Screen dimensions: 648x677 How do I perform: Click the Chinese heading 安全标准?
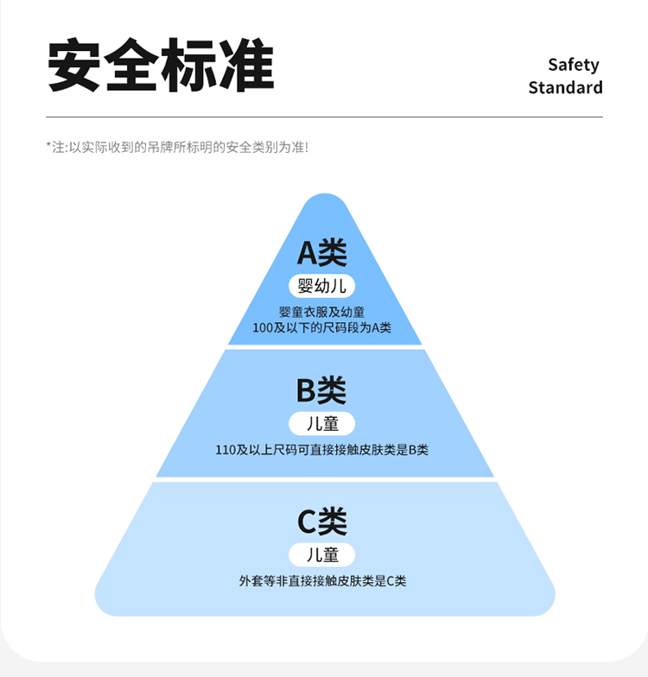pyautogui.click(x=161, y=65)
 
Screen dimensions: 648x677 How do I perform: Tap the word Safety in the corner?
pyautogui.click(x=574, y=66)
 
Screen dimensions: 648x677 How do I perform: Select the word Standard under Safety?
pyautogui.click(x=565, y=88)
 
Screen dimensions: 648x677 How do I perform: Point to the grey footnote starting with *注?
pyautogui.click(x=178, y=147)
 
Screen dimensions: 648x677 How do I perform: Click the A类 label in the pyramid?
pyautogui.click(x=322, y=252)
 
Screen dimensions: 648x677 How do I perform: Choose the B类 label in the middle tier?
pyautogui.click(x=321, y=390)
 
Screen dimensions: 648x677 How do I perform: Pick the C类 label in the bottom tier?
pyautogui.click(x=322, y=522)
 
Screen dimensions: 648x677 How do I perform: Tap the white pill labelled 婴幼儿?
pyautogui.click(x=321, y=286)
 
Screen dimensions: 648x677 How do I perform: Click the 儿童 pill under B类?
pyautogui.click(x=321, y=423)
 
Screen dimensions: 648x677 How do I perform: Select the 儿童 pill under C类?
pyautogui.click(x=321, y=554)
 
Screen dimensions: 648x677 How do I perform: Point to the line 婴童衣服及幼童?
pyautogui.click(x=321, y=313)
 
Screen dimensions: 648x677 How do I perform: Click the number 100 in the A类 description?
pyautogui.click(x=263, y=328)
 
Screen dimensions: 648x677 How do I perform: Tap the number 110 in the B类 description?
pyautogui.click(x=225, y=451)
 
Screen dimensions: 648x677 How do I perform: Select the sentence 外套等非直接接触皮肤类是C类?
pyautogui.click(x=323, y=581)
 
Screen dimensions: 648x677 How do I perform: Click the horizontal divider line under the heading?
pyautogui.click(x=325, y=117)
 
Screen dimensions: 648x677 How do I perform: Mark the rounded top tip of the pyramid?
pyautogui.click(x=325, y=194)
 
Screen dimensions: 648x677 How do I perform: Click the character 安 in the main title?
pyautogui.click(x=73, y=65)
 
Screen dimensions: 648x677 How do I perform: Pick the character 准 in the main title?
pyautogui.click(x=247, y=65)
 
